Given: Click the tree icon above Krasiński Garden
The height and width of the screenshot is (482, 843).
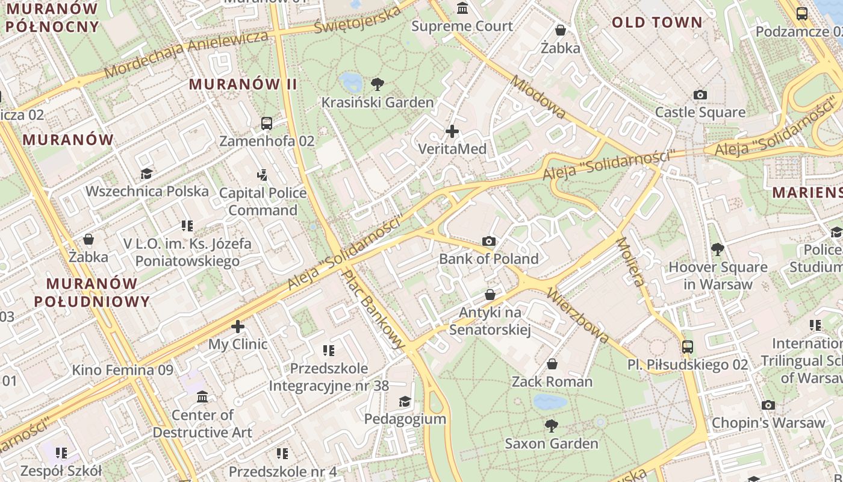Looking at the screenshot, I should coord(378,84).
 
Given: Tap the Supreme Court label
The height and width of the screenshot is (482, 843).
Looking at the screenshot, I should coord(462,26).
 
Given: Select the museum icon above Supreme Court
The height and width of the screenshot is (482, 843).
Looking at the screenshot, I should coord(462,8).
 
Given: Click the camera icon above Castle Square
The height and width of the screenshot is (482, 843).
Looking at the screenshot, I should coord(700,95).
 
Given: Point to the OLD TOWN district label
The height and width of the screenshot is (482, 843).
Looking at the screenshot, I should coord(657,23).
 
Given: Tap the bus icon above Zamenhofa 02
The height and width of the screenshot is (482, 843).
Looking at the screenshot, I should coord(267,124).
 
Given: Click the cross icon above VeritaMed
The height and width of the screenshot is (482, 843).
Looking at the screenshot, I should coord(452,131).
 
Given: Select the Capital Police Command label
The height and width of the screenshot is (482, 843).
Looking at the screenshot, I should coord(263,201).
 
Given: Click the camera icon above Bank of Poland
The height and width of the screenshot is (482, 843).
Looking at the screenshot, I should coord(489,242).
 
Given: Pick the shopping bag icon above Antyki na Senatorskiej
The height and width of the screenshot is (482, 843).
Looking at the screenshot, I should coord(490,295).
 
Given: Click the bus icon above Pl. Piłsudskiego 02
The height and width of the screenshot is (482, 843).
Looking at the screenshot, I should coord(688,347).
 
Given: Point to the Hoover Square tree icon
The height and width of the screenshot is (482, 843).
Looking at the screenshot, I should coord(717,249).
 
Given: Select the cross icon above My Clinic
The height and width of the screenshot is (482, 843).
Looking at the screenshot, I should coord(238,327).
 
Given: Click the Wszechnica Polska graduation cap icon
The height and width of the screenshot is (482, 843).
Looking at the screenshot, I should coord(146,174).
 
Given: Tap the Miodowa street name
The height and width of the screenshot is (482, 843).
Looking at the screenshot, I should coord(538,96).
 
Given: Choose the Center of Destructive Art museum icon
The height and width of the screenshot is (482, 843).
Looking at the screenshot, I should coord(202,398).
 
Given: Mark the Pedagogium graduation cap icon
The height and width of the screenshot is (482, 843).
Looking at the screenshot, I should coord(405,402).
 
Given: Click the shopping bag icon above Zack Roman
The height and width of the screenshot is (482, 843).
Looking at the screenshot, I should coord(552,365).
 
